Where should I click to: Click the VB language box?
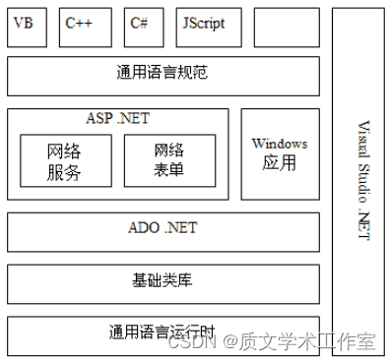click(x=26, y=27)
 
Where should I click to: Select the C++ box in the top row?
click(x=86, y=27)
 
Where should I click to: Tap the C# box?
click(x=144, y=27)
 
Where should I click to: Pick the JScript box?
click(x=210, y=27)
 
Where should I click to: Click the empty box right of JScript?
click(x=287, y=27)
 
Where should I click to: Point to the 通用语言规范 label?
click(x=162, y=73)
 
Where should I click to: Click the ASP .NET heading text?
click(x=118, y=118)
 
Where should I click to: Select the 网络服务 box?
click(x=64, y=160)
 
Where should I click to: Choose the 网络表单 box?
click(x=169, y=160)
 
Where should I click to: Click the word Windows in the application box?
click(x=280, y=144)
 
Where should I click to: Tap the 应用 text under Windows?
click(x=280, y=163)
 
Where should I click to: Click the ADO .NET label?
click(x=163, y=228)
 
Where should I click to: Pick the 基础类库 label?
click(x=163, y=280)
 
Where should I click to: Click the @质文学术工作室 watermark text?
click(x=298, y=342)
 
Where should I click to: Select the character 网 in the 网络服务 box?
click(x=55, y=150)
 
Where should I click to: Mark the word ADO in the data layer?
click(x=144, y=228)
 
